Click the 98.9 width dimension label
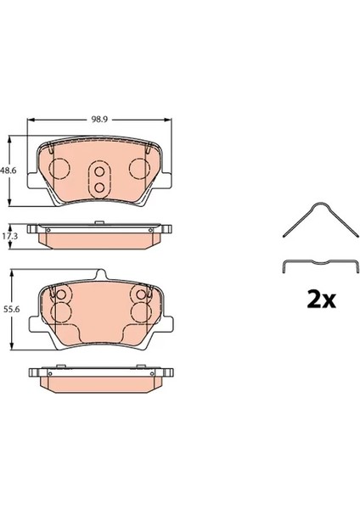point(98,120)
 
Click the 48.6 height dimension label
point(8,170)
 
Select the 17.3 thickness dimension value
point(10,236)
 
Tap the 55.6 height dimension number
point(11,310)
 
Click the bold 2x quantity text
point(321,300)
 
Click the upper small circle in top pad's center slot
point(99,171)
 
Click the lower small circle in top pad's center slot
point(99,187)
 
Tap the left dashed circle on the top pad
point(59,168)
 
